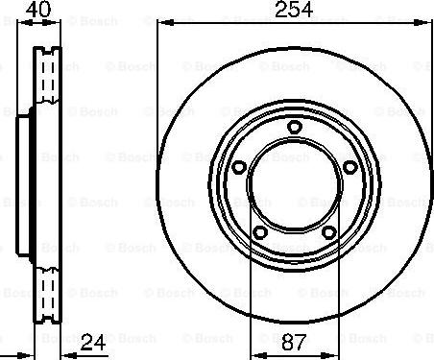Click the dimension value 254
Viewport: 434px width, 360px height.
point(294,10)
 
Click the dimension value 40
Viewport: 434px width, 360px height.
point(38,9)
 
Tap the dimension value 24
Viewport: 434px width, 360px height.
point(93,343)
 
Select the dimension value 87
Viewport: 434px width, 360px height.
point(294,343)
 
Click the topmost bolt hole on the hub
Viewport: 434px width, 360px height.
point(294,127)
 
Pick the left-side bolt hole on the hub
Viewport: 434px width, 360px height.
point(238,167)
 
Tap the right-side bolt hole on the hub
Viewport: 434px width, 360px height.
point(350,167)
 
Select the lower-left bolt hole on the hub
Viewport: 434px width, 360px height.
point(260,232)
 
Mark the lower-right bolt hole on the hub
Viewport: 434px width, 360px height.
point(328,232)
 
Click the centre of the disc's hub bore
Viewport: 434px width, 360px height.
point(294,185)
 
